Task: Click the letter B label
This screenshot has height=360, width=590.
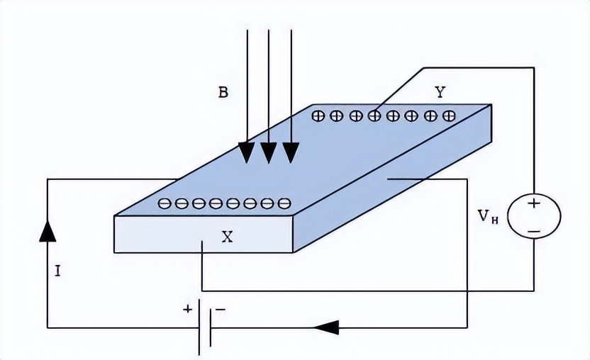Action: click(223, 92)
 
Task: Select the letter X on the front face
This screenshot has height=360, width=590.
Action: click(227, 237)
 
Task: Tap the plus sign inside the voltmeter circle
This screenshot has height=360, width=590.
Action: click(534, 203)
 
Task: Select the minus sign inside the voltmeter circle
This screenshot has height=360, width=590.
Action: click(534, 230)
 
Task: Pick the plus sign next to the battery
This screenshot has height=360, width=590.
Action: click(188, 310)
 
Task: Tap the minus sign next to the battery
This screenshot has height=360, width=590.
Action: click(221, 310)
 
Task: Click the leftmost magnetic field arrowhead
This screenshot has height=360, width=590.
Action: click(246, 151)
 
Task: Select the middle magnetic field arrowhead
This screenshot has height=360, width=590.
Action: click(268, 151)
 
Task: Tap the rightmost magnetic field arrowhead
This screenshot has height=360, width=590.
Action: click(291, 151)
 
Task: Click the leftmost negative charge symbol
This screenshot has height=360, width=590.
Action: click(164, 204)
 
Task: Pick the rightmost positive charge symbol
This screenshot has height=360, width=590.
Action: click(448, 115)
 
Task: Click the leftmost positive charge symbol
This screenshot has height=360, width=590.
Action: click(318, 115)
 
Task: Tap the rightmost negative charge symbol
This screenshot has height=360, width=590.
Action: click(284, 204)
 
